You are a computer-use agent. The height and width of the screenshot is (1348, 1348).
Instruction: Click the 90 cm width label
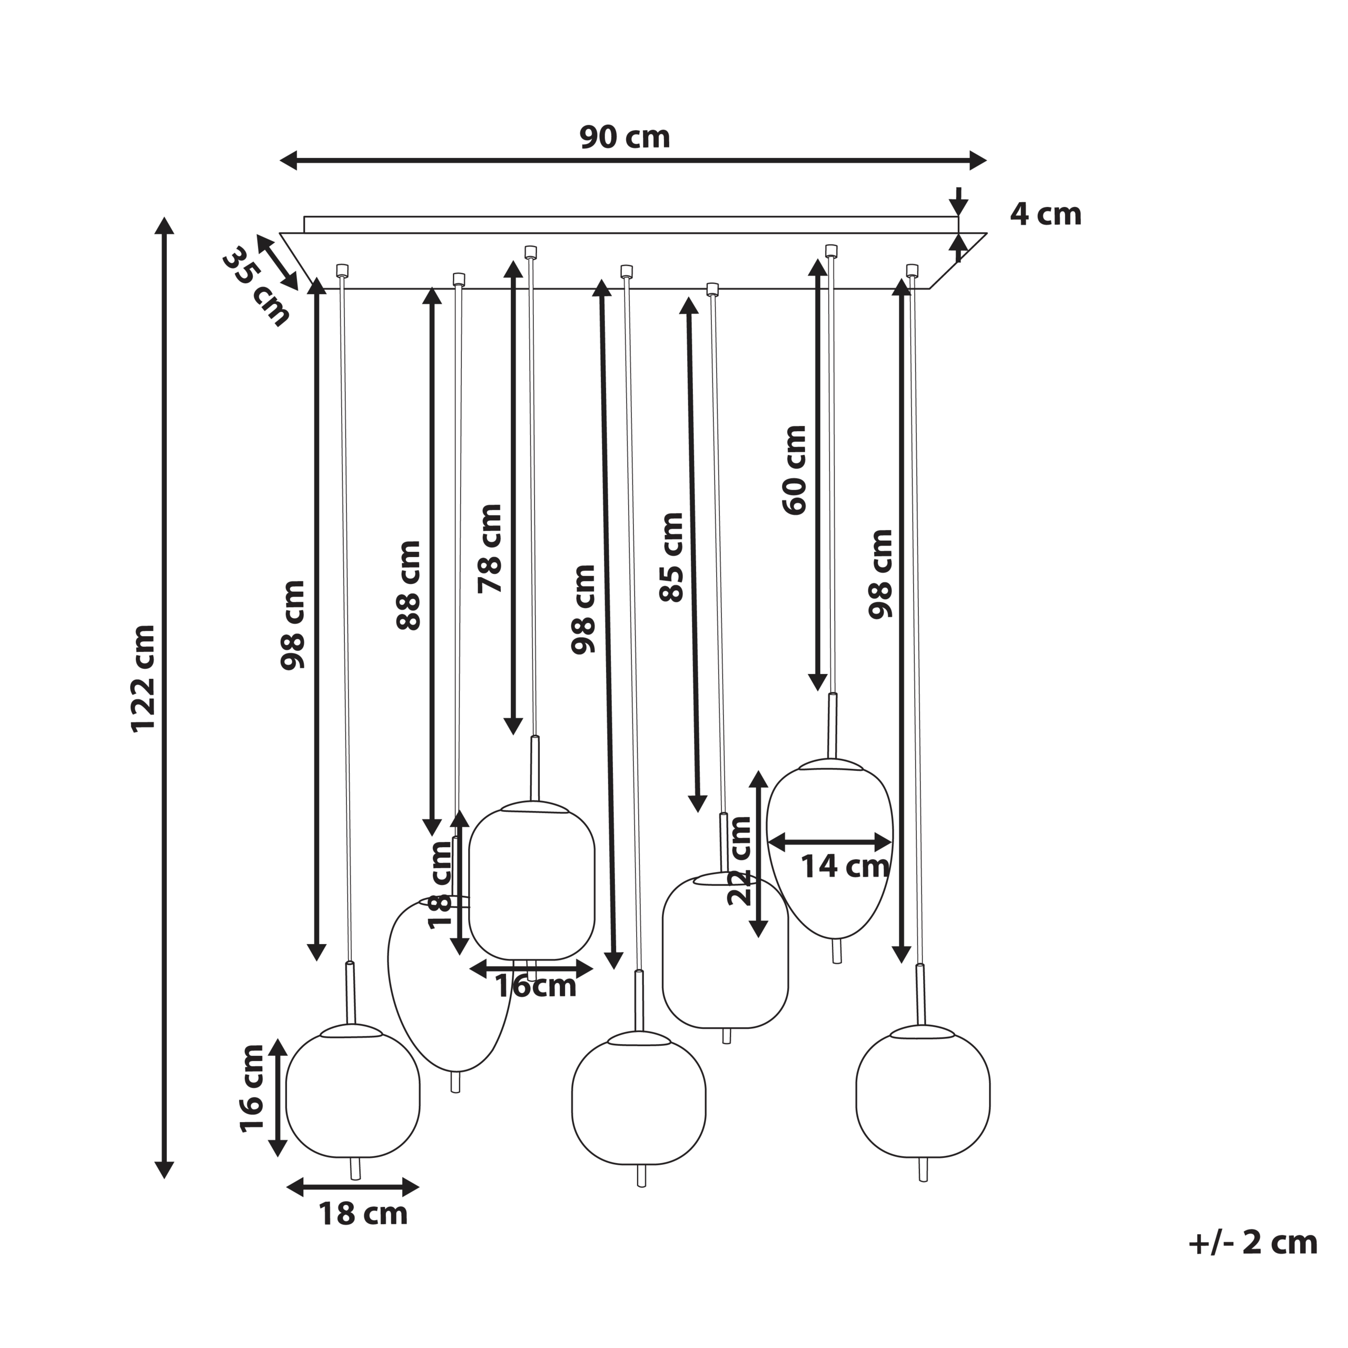tap(625, 137)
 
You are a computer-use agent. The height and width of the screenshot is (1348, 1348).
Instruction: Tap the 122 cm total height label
tap(144, 678)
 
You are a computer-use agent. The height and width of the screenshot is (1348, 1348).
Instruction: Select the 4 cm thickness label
tap(1045, 214)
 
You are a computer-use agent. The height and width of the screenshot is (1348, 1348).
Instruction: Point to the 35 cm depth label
tap(255, 286)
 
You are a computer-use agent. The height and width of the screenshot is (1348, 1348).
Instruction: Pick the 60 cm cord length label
tap(794, 470)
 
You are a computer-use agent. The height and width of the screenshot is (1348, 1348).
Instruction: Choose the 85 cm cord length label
tap(671, 557)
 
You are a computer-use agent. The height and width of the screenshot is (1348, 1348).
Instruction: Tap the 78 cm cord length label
tap(490, 548)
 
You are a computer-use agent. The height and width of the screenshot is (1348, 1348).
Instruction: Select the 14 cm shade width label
tap(844, 867)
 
